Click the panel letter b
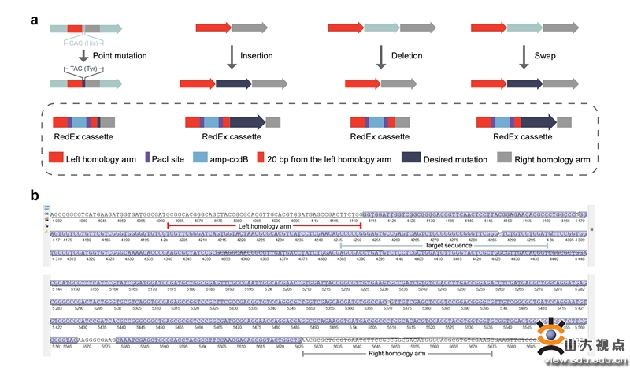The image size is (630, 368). (35, 193)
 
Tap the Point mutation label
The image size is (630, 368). (120, 56)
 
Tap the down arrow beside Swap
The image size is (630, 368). (523, 56)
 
